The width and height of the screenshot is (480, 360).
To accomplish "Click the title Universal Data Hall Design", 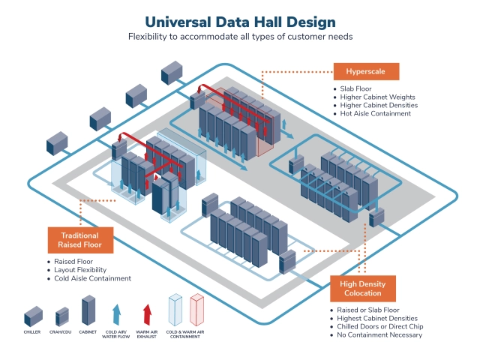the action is (240, 22).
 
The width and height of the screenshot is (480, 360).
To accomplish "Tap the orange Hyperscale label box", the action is (366, 71).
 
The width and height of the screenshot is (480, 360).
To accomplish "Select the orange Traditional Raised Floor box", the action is (80, 240).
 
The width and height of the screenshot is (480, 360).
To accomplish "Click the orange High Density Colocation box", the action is (363, 288).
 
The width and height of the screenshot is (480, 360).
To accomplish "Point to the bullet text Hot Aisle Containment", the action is (375, 113).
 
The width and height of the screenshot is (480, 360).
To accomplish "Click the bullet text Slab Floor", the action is (355, 88).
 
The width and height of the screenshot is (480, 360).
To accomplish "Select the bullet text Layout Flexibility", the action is (80, 270).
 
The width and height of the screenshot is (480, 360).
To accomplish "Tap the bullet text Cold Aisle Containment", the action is (92, 278).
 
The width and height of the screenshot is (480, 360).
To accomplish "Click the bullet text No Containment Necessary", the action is (379, 335).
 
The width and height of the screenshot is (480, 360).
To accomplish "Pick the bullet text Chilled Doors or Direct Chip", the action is (380, 327).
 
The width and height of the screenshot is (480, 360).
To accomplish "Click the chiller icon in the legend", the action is (33, 316).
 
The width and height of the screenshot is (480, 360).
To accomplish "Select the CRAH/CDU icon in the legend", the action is (62, 316).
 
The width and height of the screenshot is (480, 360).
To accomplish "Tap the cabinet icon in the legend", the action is (88, 310).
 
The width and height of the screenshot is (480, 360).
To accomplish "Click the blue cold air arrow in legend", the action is (116, 314).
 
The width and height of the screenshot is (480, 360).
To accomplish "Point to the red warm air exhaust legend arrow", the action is (147, 314).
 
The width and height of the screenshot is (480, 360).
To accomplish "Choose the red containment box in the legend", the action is (196, 310).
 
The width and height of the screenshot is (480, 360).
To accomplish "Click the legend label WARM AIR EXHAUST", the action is (147, 334).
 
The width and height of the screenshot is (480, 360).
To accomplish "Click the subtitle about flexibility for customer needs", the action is (240, 37).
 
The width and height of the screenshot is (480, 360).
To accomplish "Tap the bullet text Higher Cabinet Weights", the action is (377, 97).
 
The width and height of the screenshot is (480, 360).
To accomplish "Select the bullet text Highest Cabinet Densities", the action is (377, 318).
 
